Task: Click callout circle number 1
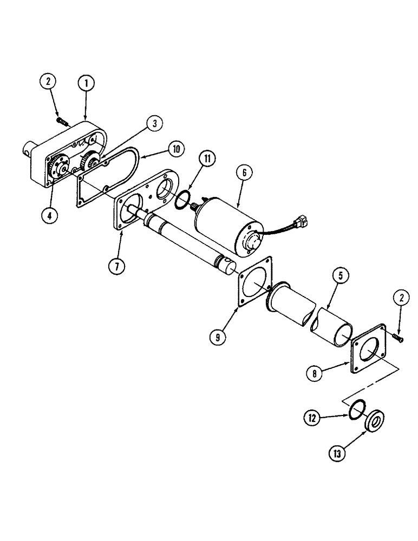[86, 83]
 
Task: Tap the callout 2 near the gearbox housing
[48, 83]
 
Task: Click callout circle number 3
[154, 124]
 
